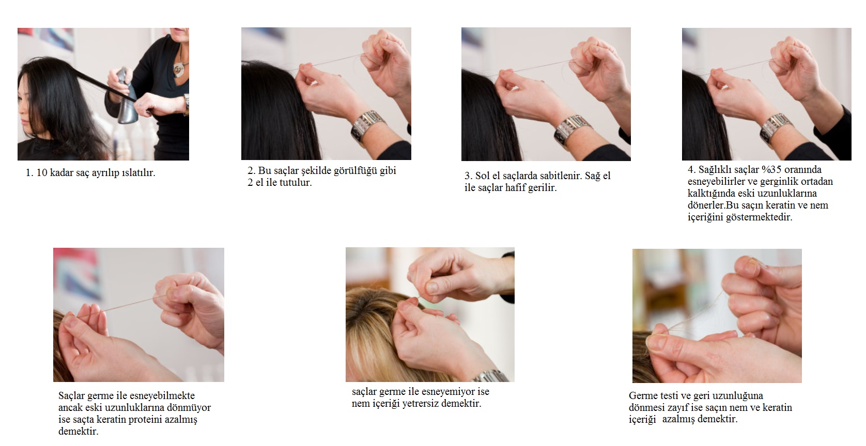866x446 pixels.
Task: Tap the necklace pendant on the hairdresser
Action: point(179,69)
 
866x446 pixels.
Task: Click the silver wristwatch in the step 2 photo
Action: point(368,125)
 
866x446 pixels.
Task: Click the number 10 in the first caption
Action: point(42,172)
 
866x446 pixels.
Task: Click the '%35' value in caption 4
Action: point(771,169)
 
